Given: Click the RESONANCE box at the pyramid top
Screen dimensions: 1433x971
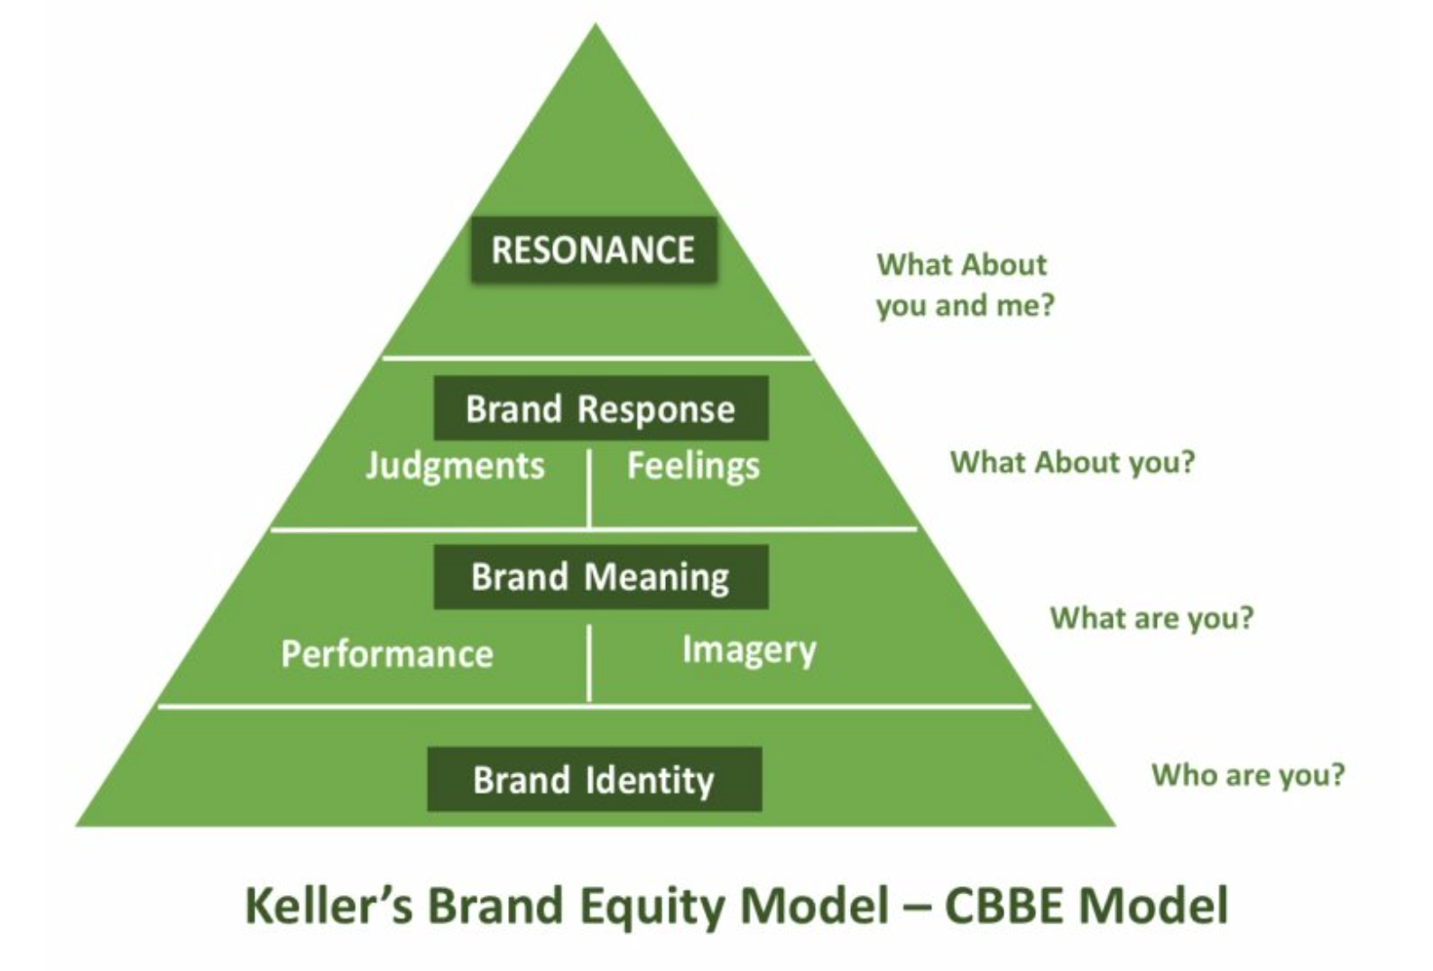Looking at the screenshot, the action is coord(594,249).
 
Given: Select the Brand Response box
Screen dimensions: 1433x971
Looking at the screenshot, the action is coord(601,408).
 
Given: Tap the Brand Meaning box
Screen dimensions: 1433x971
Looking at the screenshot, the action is coord(601,577).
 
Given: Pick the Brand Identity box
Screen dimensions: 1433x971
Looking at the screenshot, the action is coord(595,779).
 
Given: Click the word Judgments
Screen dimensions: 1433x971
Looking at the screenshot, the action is coord(455,467).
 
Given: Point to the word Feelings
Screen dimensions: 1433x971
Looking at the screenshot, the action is coord(693,466).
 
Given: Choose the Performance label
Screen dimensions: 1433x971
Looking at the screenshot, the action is coord(387,653).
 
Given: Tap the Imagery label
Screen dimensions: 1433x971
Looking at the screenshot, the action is coord(749,652).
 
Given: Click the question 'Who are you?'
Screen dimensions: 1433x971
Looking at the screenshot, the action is coord(1248,775).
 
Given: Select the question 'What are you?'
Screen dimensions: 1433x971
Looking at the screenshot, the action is coord(1151,618).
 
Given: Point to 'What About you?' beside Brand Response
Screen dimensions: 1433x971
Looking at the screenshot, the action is coord(1072,462).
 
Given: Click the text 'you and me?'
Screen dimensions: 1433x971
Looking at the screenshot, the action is coord(965,305).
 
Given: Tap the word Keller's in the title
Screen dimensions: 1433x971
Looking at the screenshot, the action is coord(328,905).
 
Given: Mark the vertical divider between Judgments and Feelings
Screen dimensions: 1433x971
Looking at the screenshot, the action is coord(588,489).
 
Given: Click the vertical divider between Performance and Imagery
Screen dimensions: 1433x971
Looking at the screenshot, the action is coord(588,664).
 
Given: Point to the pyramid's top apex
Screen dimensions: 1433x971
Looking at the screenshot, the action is coord(596,23).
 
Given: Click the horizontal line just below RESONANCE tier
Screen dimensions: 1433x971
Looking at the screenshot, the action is coord(597,358).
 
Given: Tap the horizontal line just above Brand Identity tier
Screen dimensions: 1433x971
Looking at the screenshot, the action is coord(595,707).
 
